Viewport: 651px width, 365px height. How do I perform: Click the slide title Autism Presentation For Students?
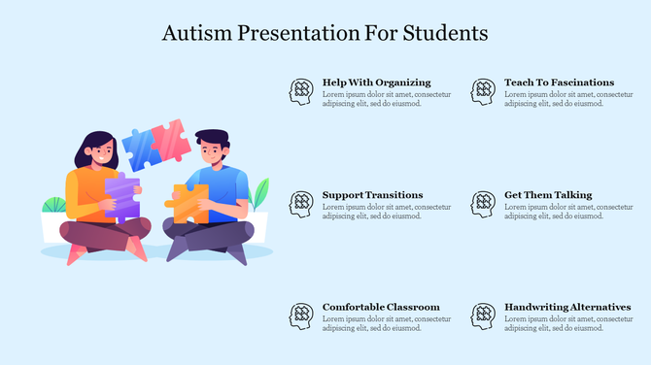click(x=325, y=33)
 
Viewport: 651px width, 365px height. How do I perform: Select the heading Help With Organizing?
click(x=376, y=83)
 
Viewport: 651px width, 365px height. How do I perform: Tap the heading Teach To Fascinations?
click(x=559, y=83)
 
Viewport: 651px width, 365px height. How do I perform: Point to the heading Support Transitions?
click(x=372, y=195)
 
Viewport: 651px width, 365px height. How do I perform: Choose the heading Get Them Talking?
click(x=548, y=195)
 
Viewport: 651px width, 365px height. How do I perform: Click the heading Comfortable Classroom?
click(x=381, y=307)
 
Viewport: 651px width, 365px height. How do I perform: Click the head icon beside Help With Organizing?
click(x=301, y=91)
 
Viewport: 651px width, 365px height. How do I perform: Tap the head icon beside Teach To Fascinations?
click(x=483, y=91)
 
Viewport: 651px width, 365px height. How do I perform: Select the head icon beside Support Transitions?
click(x=301, y=204)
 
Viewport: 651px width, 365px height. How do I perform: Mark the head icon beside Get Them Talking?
click(x=483, y=204)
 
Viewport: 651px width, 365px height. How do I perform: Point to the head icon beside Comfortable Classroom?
click(x=301, y=315)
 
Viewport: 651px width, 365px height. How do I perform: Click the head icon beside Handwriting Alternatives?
click(x=483, y=315)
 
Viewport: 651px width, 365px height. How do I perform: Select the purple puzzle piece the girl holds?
click(x=121, y=198)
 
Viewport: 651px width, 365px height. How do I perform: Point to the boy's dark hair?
click(x=211, y=137)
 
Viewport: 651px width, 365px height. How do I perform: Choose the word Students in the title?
click(x=443, y=33)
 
